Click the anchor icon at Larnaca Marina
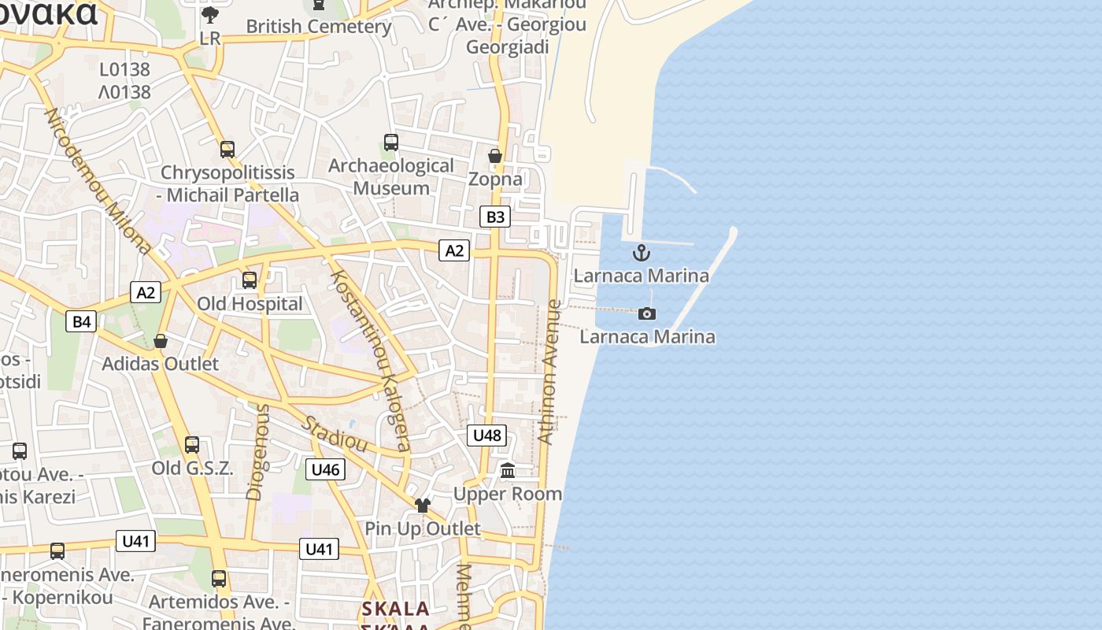pos(642,253)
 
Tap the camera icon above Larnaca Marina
pos(646,313)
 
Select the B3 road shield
pos(495,217)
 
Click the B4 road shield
pos(81,321)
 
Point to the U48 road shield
pos(486,435)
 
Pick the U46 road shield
pos(325,469)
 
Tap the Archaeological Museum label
pos(391,177)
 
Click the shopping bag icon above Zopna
pos(495,156)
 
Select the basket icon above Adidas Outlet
pos(161,341)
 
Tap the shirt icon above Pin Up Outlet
pos(423,505)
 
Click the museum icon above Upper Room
pos(508,471)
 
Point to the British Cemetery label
pos(318,26)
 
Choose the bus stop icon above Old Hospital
pos(250,280)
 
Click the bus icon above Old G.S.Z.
pos(192,445)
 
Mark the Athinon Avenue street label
pos(552,372)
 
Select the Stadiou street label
pos(335,434)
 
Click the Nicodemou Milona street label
pos(98,181)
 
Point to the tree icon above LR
pos(210,14)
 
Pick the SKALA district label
pos(395,609)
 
